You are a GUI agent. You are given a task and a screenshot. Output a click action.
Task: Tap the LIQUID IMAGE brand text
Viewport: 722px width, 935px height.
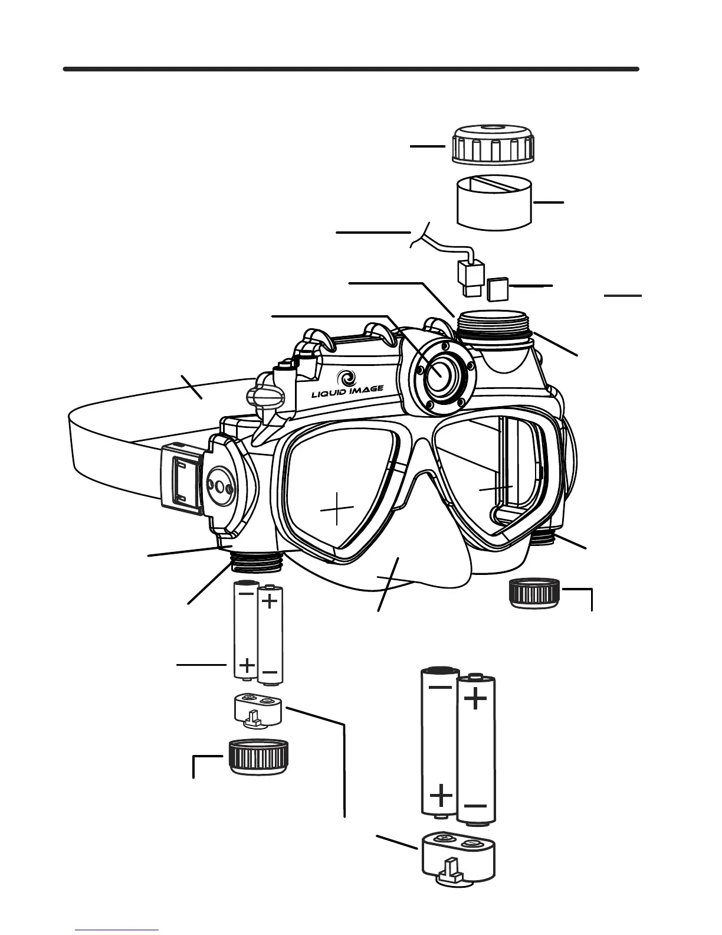[347, 388]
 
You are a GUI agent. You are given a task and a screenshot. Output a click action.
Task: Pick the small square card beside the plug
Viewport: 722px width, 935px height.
[498, 288]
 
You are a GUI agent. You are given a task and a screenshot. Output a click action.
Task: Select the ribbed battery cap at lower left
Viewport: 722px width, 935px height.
[257, 757]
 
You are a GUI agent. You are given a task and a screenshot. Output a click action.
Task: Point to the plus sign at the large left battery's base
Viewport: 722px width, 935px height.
[441, 797]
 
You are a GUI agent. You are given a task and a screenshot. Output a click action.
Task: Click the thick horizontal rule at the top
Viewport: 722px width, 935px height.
[351, 69]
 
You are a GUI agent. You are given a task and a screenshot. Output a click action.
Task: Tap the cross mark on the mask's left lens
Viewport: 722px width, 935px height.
[336, 508]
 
